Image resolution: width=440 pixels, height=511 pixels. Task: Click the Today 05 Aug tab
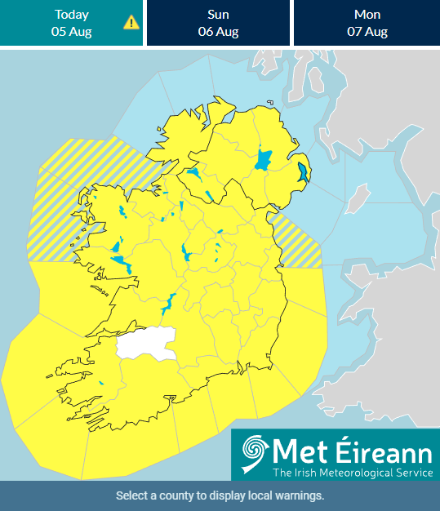coord(72,23)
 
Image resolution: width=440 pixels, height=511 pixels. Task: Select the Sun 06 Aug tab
coord(217,23)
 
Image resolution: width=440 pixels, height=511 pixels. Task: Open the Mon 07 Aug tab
coord(366,23)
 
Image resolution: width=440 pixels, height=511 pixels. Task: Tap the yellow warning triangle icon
coord(131,22)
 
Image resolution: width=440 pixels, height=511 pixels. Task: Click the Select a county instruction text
coord(220,495)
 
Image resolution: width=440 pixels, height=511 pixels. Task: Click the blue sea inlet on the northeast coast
coord(304,172)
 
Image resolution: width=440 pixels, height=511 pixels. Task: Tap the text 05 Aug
coord(72,32)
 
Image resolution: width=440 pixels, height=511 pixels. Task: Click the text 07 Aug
coord(366,32)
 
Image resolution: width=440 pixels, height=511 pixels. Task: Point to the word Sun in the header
coord(217,15)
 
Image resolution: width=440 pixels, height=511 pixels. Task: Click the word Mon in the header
coord(366,15)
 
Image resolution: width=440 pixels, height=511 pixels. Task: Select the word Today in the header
coord(72,15)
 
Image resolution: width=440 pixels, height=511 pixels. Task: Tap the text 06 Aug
coord(217,32)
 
